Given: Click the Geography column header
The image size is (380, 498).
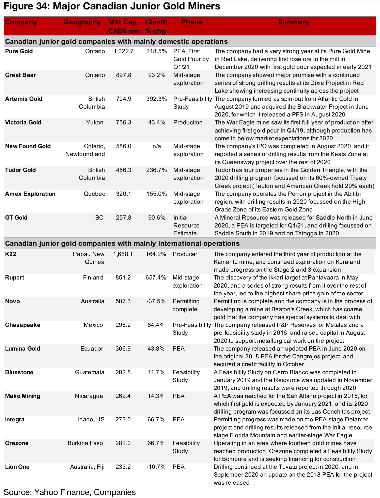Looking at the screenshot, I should [82, 22].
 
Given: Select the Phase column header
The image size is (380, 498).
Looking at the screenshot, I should [192, 22].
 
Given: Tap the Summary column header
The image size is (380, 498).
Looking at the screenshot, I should [293, 22].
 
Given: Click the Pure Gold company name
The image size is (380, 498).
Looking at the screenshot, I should [19, 51].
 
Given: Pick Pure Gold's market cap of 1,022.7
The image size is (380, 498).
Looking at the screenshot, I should [123, 51].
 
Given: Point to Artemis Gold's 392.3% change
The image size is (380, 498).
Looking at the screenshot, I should [156, 99].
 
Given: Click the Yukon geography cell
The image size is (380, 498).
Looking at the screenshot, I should [95, 122].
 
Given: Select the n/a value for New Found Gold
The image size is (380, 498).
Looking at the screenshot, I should [156, 146].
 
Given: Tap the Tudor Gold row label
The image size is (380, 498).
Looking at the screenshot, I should [20, 170].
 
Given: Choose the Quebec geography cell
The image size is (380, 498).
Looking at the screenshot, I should [94, 194].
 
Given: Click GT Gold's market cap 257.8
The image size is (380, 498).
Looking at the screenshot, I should [123, 217].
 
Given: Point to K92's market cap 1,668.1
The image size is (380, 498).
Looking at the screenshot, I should [123, 254].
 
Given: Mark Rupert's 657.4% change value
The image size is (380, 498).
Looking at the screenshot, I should [156, 278].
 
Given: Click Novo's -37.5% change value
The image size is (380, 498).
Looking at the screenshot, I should [156, 301].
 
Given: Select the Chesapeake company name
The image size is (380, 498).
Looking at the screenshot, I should [23, 325].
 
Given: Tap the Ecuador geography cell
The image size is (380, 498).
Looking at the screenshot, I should [92, 349].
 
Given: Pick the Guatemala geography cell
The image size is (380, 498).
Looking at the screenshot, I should [90, 372].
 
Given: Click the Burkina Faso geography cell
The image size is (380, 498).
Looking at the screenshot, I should [85, 443].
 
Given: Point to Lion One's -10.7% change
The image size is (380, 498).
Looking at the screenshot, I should [156, 467].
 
